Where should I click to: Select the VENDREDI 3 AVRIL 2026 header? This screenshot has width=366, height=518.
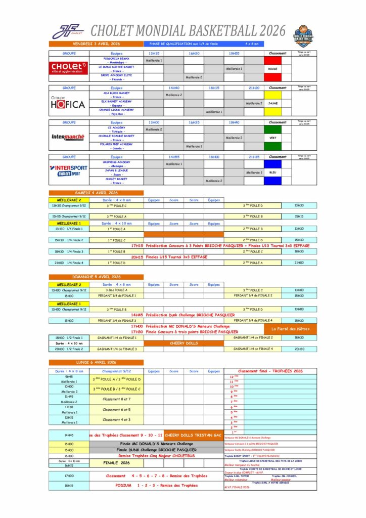(96, 44)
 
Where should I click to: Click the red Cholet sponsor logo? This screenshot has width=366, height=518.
(69, 67)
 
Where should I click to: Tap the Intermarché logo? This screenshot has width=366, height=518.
(69, 137)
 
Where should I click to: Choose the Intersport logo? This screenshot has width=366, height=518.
(69, 171)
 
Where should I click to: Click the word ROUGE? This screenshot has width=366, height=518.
(273, 69)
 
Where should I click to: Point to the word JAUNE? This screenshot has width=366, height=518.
(273, 103)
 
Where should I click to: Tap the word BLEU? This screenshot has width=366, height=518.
(273, 172)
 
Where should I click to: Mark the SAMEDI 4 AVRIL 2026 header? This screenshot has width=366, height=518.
(96, 193)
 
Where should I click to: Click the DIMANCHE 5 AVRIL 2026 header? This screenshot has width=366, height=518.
(96, 277)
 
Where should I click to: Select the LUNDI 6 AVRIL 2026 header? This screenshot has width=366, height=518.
(96, 362)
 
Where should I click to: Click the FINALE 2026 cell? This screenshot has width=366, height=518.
(117, 463)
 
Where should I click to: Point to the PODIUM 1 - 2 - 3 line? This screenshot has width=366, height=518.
(156, 486)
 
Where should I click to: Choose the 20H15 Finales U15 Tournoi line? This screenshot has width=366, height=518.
(177, 257)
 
